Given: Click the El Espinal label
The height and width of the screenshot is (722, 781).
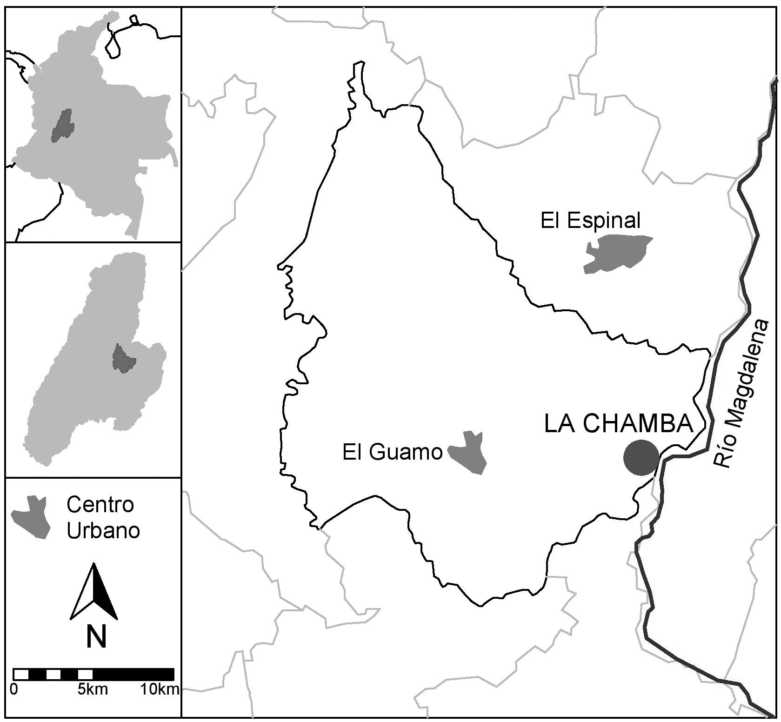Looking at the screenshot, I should coord(590,221).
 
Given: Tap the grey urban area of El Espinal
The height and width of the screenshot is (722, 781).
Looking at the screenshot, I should coord(616,253).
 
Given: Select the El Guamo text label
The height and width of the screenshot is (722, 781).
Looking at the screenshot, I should coord(392,452).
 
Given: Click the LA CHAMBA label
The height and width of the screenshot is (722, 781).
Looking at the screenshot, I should coord(618,424).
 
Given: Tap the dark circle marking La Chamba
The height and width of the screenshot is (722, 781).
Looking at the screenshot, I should coord(641,457).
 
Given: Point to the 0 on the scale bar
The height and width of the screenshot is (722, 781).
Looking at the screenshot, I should coord(14,689).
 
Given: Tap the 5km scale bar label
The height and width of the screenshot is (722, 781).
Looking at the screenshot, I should coord(93,689).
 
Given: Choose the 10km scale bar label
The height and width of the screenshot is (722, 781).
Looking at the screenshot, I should coord(160,689).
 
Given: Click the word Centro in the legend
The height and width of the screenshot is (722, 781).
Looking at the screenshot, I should coord(100,505).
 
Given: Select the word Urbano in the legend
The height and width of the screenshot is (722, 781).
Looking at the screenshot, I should coord(103,531).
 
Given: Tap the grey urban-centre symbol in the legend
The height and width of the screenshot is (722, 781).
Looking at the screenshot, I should coord(32,518).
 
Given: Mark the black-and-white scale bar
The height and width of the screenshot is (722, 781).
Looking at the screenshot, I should coord(93,674).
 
